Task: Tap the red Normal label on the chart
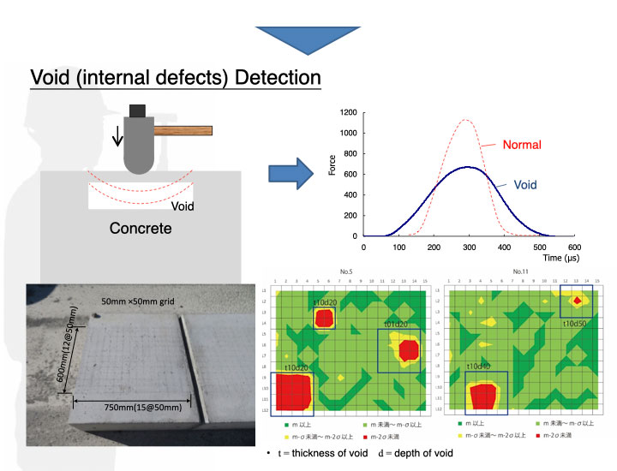[522, 144]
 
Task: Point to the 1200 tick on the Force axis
[348, 112]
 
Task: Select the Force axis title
[332, 164]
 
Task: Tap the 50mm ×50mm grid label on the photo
[138, 301]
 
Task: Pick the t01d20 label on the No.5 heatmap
[395, 324]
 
